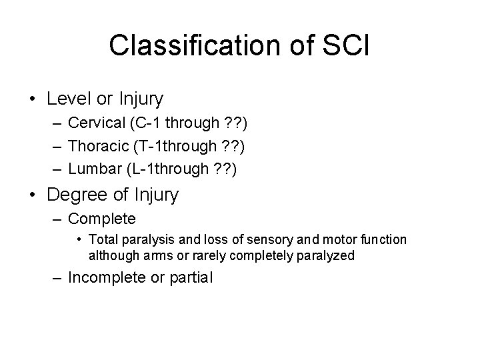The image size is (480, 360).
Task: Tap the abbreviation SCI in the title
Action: (347, 45)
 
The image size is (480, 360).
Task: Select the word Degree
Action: (74, 195)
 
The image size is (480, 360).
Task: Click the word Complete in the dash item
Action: (102, 219)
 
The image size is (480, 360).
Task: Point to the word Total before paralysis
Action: (101, 239)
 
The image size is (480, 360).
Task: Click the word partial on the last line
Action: (193, 277)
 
